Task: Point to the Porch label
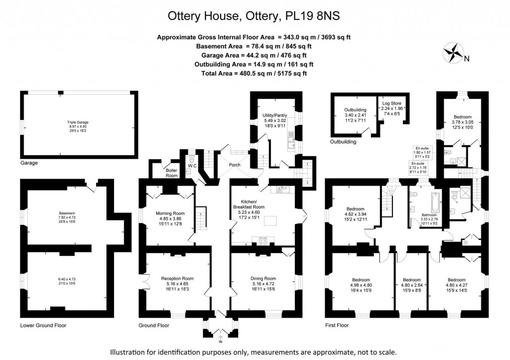coord(234,165)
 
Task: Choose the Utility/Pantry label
coord(275,116)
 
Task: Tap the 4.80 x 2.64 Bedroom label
coord(412,279)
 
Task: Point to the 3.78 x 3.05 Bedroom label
coord(460,118)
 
